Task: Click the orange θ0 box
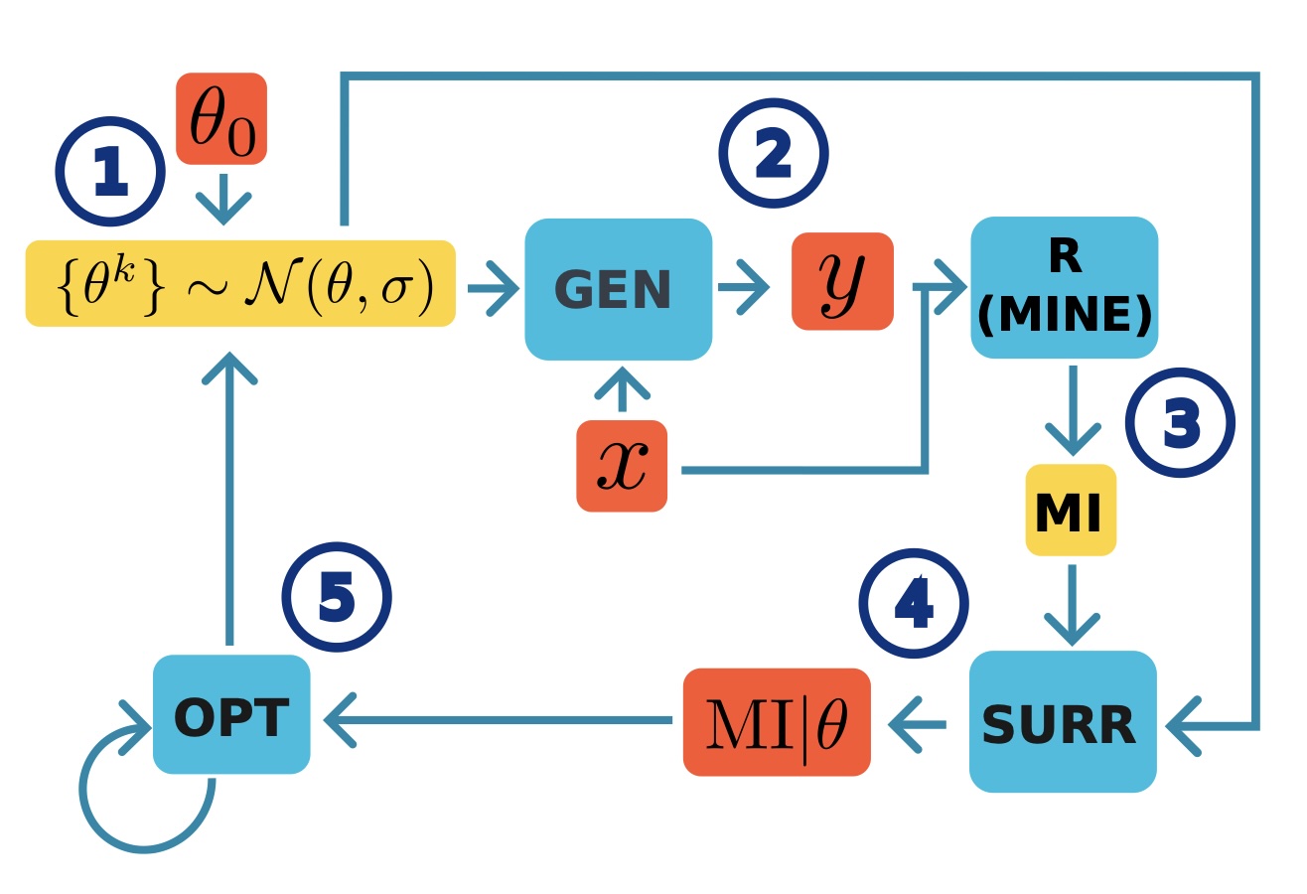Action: click(x=221, y=118)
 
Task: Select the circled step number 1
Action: click(x=109, y=172)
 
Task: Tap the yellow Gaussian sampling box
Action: click(x=240, y=283)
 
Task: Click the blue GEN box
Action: click(x=618, y=289)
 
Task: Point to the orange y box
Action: click(x=842, y=281)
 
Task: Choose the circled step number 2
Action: click(x=773, y=154)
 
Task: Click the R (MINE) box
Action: click(x=1064, y=287)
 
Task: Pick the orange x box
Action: click(x=622, y=466)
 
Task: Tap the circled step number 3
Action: click(x=1180, y=423)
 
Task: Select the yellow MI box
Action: click(x=1071, y=510)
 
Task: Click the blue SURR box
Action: click(x=1063, y=722)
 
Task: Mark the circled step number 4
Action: click(x=913, y=603)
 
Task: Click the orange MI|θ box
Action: click(x=777, y=722)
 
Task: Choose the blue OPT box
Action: click(x=231, y=714)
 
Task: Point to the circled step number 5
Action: click(x=336, y=597)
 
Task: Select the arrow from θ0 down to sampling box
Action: click(x=223, y=200)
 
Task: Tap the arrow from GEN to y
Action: click(x=744, y=288)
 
